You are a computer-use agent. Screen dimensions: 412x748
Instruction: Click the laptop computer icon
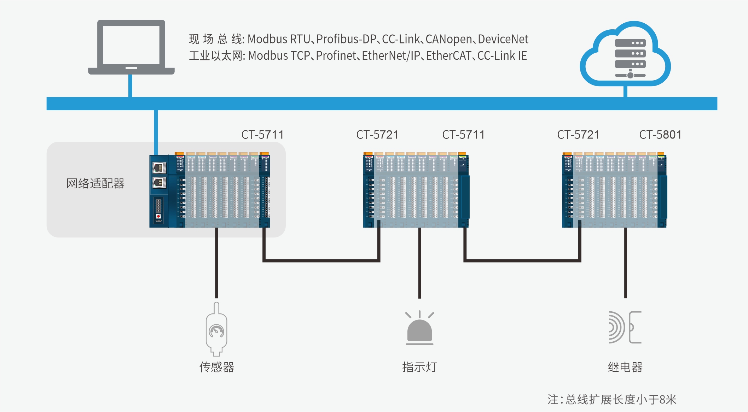131,47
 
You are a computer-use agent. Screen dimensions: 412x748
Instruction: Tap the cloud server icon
625,55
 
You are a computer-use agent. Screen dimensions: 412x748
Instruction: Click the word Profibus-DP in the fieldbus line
346,39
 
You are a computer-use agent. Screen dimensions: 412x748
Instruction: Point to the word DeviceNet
503,39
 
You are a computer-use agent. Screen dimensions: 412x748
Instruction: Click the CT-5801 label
660,135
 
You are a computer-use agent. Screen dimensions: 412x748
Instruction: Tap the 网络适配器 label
95,183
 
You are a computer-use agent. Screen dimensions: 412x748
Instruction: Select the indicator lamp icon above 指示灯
419,328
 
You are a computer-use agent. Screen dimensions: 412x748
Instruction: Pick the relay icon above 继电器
625,327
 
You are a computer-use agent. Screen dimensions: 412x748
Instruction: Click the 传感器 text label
216,367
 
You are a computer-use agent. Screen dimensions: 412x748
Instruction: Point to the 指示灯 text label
419,367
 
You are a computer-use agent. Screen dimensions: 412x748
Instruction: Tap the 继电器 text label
625,367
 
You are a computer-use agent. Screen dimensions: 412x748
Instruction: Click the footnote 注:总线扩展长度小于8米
611,400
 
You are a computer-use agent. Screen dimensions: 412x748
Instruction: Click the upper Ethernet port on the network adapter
159,167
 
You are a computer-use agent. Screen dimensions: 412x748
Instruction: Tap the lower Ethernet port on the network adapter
159,183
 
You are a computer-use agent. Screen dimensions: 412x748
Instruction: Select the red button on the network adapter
158,216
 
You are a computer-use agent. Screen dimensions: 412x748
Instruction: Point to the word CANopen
448,39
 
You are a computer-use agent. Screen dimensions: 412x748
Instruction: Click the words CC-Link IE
502,56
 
